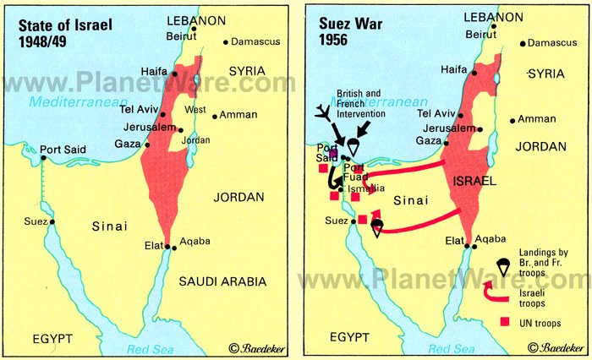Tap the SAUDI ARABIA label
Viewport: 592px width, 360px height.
222,281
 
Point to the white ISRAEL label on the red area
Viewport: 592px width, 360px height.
474,182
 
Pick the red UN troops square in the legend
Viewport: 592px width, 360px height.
505,321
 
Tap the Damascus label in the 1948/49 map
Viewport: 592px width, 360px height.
255,41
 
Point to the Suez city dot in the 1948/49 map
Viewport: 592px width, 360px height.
52,222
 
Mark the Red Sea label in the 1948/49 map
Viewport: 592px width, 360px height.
148,349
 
